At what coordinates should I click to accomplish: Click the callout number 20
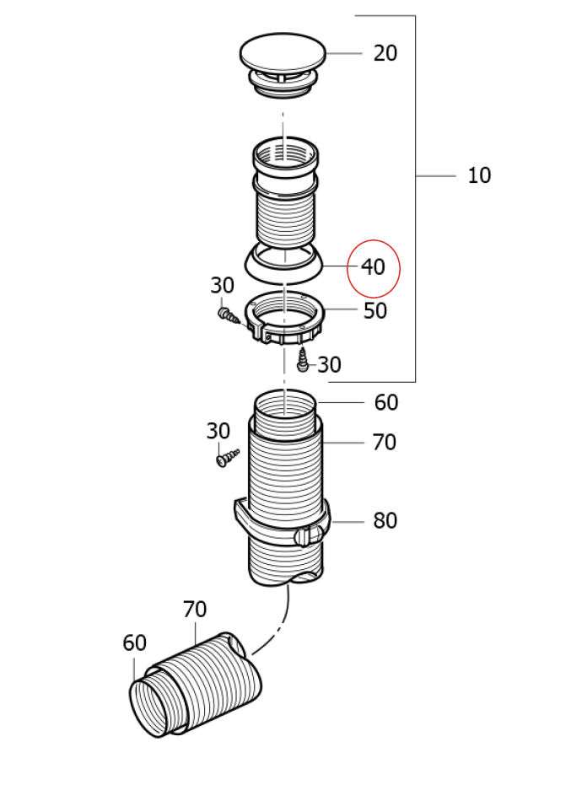[x=385, y=53]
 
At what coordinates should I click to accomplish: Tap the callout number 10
[x=479, y=175]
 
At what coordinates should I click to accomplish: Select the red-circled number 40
[x=373, y=266]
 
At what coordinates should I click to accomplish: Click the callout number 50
[x=375, y=310]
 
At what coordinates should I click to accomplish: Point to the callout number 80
[x=385, y=520]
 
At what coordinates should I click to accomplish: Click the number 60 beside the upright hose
[x=386, y=402]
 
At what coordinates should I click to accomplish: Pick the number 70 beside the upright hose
[x=385, y=442]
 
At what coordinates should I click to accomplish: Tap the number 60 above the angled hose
[x=134, y=642]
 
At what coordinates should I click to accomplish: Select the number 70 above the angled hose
[x=195, y=609]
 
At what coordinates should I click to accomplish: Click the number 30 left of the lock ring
[x=223, y=285]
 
